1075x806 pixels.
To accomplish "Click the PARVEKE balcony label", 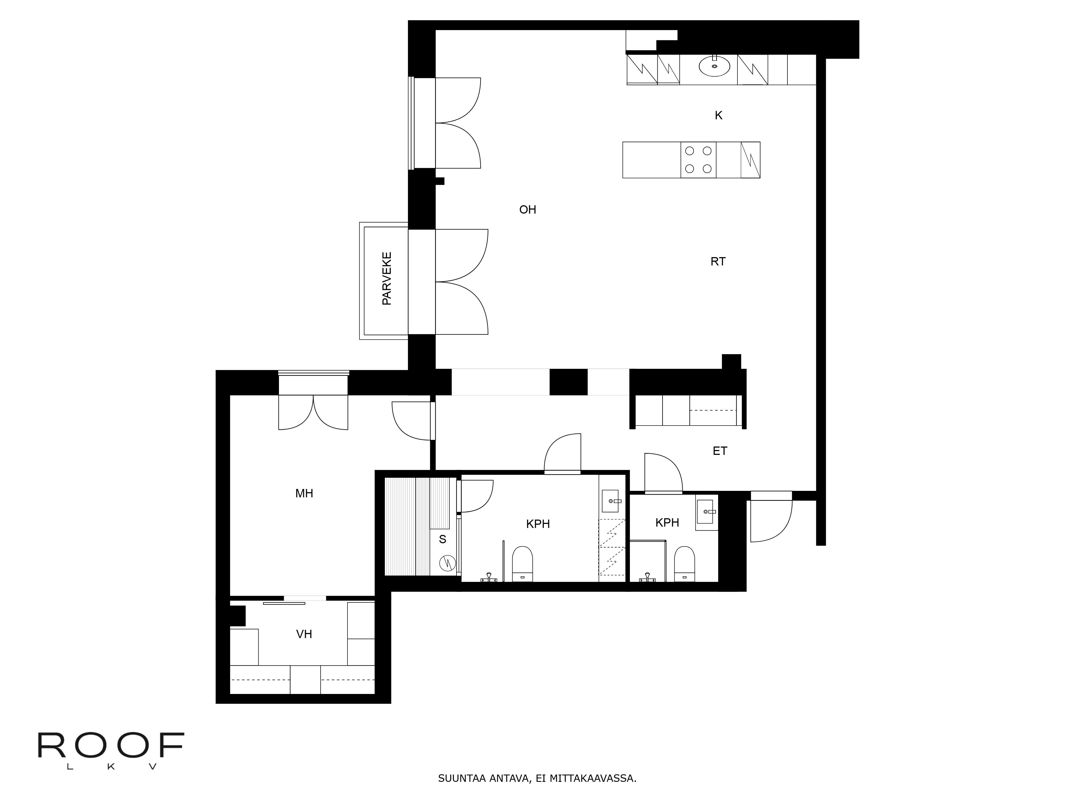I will tap(387, 278).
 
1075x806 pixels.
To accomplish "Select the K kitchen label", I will tap(718, 116).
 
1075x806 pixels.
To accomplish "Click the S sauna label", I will tap(442, 539).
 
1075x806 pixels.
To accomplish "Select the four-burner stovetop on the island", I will tap(698, 160).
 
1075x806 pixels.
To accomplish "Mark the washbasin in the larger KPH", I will tap(610, 501).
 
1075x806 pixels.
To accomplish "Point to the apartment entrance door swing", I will tap(770, 520).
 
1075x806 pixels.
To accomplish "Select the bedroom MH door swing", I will tap(411, 421).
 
